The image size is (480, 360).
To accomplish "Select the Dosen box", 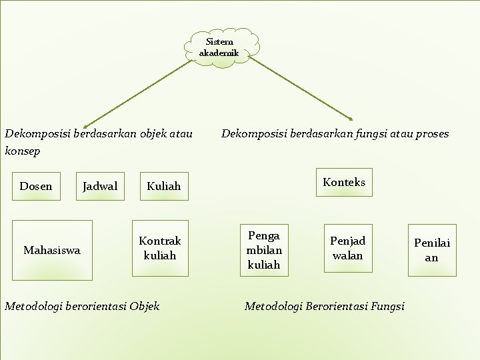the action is point(36,186).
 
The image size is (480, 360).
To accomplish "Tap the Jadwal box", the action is point(99,186).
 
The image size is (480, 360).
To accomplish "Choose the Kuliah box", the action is point(163,186).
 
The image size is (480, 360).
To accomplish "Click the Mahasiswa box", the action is point(52,250).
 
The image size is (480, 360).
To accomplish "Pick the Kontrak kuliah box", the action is point(160,248).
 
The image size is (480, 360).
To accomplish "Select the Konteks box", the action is point(344,182).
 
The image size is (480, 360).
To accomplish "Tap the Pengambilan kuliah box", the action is point(264,250).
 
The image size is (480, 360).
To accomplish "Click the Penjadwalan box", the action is point(347,248).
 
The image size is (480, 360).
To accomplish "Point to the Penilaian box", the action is point(432,250).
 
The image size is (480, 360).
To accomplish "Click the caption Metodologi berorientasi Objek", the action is point(82,306).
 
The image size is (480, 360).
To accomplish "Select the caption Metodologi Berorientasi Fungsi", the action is point(325,306).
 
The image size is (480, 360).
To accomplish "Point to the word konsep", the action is point(23,151).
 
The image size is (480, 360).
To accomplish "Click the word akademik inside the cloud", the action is point(219,53).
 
